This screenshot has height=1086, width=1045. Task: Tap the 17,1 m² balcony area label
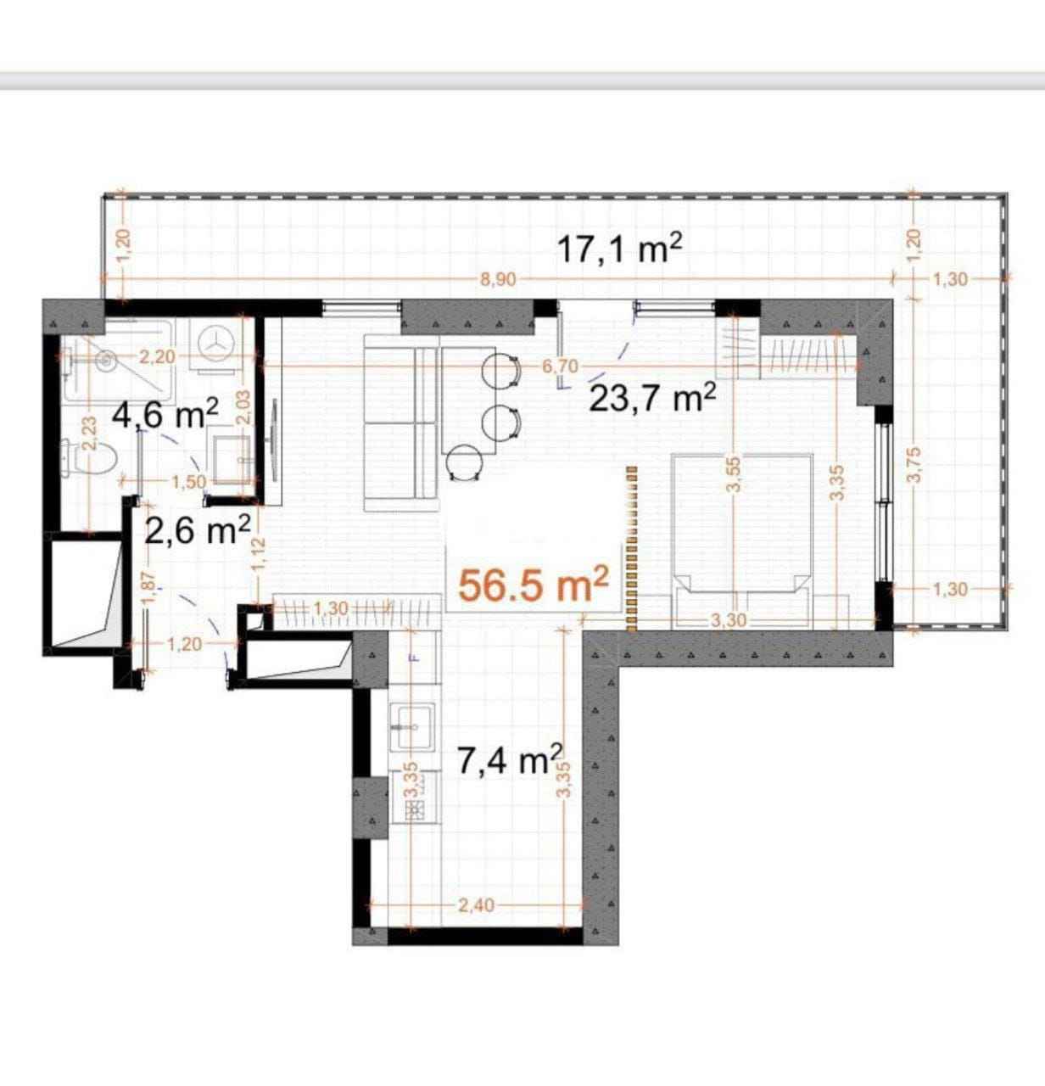[620, 249]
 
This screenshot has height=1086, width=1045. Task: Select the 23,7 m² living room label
[652, 398]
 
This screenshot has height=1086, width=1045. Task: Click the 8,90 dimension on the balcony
[498, 279]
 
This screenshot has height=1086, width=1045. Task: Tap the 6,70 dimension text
[560, 367]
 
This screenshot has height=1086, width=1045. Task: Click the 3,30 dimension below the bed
[729, 620]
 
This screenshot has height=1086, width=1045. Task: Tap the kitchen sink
[412, 726]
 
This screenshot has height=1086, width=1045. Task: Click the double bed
[742, 541]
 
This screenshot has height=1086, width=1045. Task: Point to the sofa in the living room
[400, 423]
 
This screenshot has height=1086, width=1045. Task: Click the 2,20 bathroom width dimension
[157, 356]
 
